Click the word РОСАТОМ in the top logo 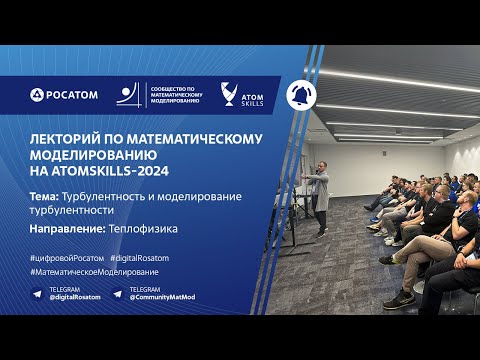click(71, 95)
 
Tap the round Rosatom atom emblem click(37, 95)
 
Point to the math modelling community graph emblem click(129, 94)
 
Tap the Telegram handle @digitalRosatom click(75, 299)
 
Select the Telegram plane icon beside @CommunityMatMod click(118, 295)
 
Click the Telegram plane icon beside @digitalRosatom click(37, 295)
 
